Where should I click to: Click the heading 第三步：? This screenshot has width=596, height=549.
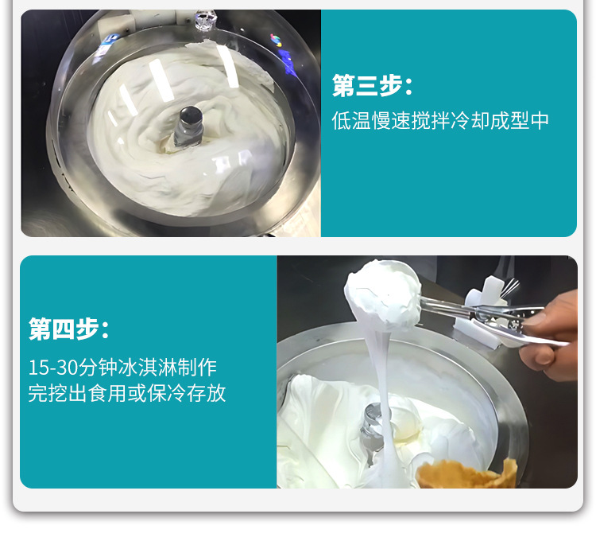[x=372, y=86]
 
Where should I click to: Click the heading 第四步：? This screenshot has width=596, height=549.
[x=69, y=328]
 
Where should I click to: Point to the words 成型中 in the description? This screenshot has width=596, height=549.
[x=520, y=121]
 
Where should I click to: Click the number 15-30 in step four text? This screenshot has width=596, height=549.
[x=53, y=368]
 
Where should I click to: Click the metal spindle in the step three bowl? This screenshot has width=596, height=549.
[x=188, y=126]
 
